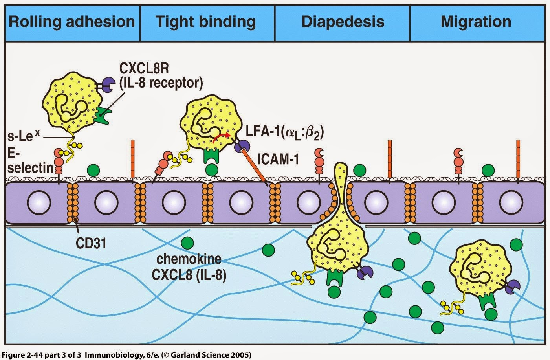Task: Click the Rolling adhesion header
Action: coord(71,22)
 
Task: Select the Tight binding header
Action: coord(205,22)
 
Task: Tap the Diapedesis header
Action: coord(343,22)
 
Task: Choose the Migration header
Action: coord(476,22)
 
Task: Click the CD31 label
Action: coord(91,243)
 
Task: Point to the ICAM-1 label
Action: coord(279,160)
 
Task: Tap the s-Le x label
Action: coord(24,136)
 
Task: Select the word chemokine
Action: coord(189,259)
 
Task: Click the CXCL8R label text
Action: coord(144,69)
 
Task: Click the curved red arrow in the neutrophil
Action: coord(222,137)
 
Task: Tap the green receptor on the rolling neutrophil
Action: coord(103,115)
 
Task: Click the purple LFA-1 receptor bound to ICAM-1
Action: coord(242,147)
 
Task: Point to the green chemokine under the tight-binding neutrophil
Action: coord(212,170)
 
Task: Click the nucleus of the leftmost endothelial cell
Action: coord(39,203)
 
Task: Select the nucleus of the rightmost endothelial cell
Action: coord(511,203)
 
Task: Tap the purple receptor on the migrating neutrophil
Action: coord(513,287)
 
